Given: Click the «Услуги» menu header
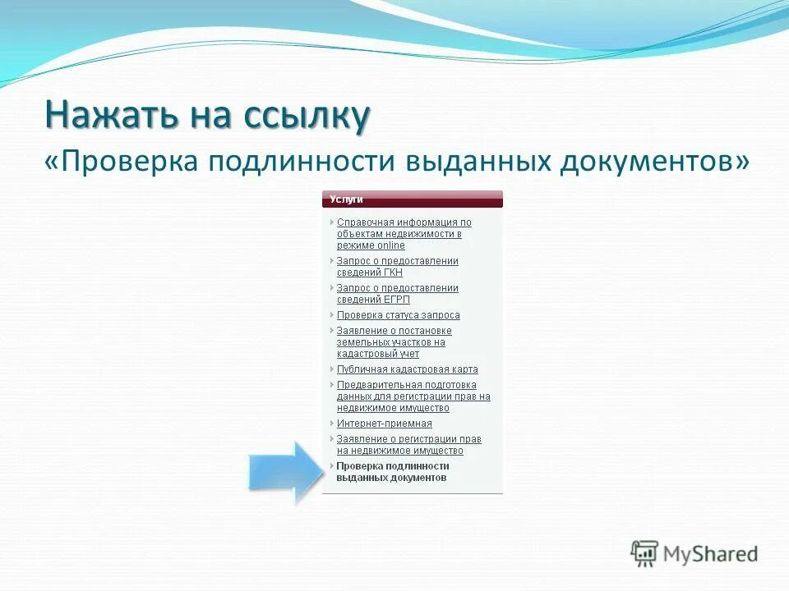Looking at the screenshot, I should tap(347, 199).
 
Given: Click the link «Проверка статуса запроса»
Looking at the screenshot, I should tap(398, 315).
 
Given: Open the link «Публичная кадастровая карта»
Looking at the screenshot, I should tap(407, 369).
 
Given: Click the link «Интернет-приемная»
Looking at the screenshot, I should tap(384, 424).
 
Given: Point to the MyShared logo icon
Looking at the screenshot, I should tap(645, 554).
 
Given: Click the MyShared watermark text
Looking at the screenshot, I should tap(710, 554).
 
